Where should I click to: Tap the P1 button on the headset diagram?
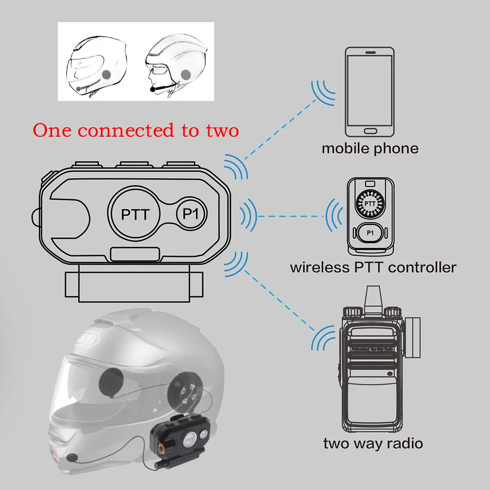tap(192, 214)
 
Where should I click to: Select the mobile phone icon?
tap(369, 92)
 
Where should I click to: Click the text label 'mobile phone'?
tap(370, 148)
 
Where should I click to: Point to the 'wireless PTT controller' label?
tap(373, 268)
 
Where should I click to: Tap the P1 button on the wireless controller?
tap(370, 233)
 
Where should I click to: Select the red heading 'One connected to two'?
tap(136, 130)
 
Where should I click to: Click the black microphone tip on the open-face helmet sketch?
tap(153, 89)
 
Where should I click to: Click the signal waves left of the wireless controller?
tap(335, 216)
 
